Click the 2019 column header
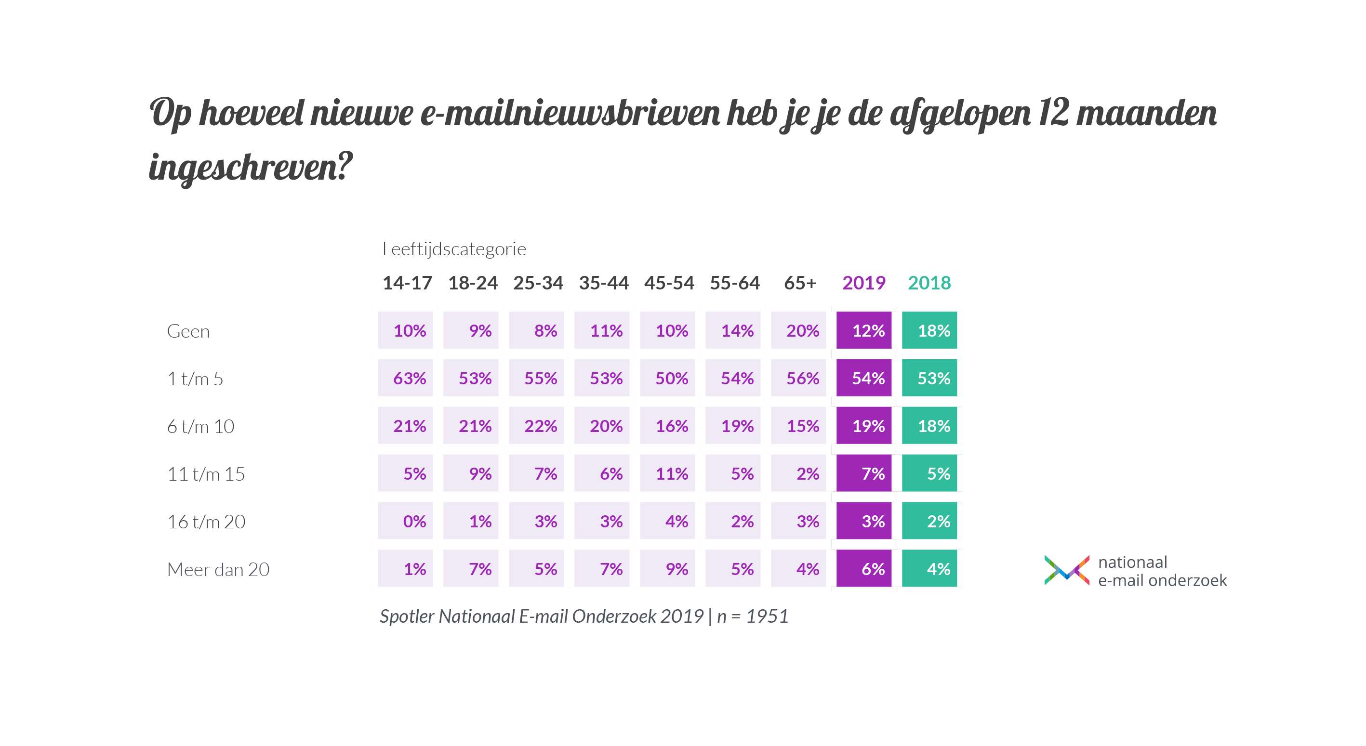click(863, 283)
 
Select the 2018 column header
click(929, 283)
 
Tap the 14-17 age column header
click(407, 283)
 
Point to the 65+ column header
click(800, 283)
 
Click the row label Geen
click(188, 331)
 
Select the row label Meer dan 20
click(218, 569)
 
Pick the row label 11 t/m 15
click(206, 474)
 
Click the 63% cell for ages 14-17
click(406, 378)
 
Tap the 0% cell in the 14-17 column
click(406, 521)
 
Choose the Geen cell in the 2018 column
click(929, 330)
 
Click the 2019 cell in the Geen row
click(863, 330)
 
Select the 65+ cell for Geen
click(798, 330)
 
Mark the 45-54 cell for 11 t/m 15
click(667, 473)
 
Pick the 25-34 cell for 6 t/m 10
click(536, 426)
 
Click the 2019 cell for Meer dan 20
click(863, 569)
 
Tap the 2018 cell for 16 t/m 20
click(929, 521)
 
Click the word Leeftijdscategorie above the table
click(454, 249)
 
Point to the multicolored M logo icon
click(1066, 570)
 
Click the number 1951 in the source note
click(767, 616)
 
